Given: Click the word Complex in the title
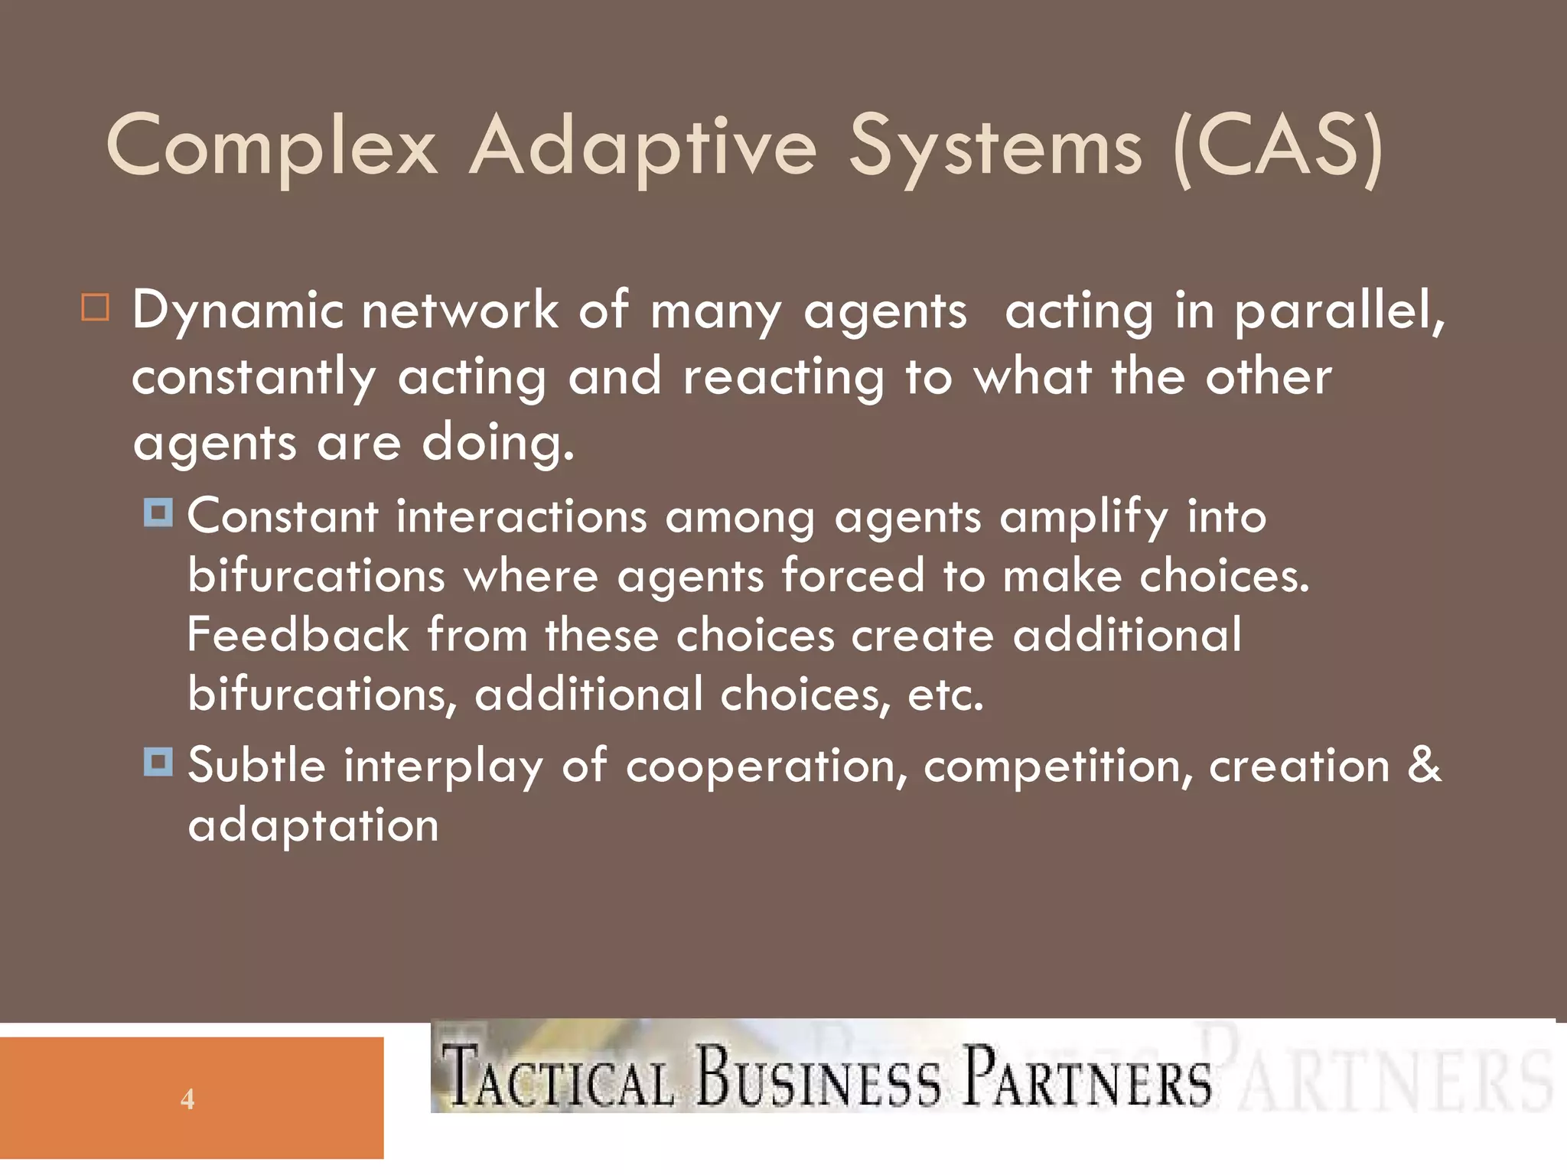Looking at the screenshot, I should (x=272, y=145).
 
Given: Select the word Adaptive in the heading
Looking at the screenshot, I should (x=643, y=145).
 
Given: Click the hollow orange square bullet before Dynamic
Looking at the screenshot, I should (x=96, y=308).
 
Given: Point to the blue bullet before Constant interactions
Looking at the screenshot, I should (x=158, y=513).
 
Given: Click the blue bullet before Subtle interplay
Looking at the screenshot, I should (x=158, y=762).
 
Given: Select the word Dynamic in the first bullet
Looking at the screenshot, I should (x=237, y=312).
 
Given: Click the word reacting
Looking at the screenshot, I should (x=783, y=378).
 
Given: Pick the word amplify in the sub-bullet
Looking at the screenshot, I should (x=1083, y=518).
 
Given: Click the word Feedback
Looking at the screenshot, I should (x=298, y=635).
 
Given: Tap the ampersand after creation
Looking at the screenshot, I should (x=1424, y=765).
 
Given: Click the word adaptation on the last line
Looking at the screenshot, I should (x=314, y=826).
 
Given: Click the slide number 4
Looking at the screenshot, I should (x=187, y=1099).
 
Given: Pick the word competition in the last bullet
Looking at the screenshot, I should (x=1058, y=767).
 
